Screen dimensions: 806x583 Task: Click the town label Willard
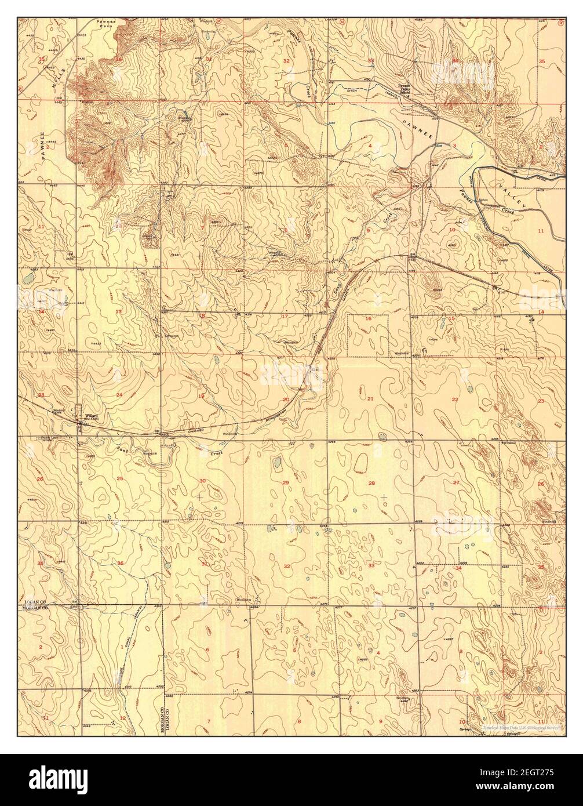[x=90, y=416]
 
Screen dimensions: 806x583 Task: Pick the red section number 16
[x=367, y=318]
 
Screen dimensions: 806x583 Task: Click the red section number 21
[x=370, y=399]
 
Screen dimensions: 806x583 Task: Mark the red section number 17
[x=285, y=316]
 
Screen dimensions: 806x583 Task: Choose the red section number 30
[x=202, y=481]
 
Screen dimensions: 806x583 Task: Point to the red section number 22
[x=455, y=399]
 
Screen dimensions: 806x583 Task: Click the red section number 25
[x=119, y=478]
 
